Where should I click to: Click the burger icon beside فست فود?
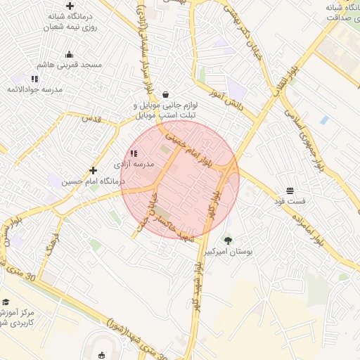(x=290, y=191)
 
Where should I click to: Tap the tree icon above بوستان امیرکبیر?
(x=227, y=240)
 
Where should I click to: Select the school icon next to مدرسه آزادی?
(x=134, y=153)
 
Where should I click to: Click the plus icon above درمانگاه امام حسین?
(x=93, y=170)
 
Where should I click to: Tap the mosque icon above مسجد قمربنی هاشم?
(x=69, y=54)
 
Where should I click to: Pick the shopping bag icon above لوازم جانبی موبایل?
(x=165, y=94)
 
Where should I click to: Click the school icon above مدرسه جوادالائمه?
(x=34, y=78)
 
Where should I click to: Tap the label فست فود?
(x=290, y=202)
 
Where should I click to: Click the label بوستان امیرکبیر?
(x=227, y=251)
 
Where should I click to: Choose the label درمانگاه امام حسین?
(x=92, y=181)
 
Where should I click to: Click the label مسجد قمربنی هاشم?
(x=71, y=65)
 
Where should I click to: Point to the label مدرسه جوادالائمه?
(x=34, y=89)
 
